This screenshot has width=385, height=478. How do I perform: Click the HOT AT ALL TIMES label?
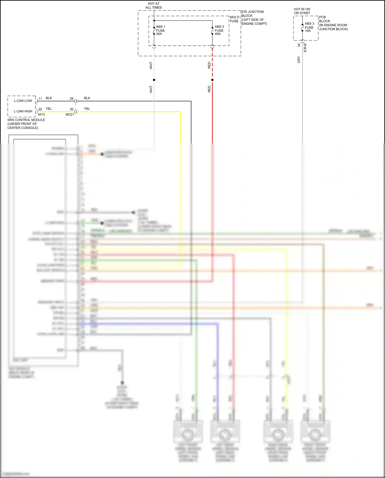153,6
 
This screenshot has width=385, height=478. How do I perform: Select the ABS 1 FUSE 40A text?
160,30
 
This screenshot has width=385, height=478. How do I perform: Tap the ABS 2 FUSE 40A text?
219,30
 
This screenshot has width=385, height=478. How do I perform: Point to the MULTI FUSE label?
234,19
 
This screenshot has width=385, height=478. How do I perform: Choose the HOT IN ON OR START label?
302,11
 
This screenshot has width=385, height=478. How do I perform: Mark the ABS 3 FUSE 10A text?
309,27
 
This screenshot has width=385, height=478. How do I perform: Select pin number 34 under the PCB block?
299,45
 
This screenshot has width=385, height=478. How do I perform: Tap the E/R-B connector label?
305,48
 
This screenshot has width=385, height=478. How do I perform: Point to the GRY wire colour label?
299,60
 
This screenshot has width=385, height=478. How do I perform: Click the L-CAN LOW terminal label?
23,101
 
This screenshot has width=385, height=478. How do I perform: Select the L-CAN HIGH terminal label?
23,111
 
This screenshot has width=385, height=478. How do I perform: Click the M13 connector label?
41,115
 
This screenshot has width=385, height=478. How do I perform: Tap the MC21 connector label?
70,115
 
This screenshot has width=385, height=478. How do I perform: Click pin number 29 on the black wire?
72,99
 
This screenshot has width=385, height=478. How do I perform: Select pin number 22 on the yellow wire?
40,109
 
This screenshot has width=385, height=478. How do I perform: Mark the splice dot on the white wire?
154,80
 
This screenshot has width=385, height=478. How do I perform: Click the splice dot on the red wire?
212,80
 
